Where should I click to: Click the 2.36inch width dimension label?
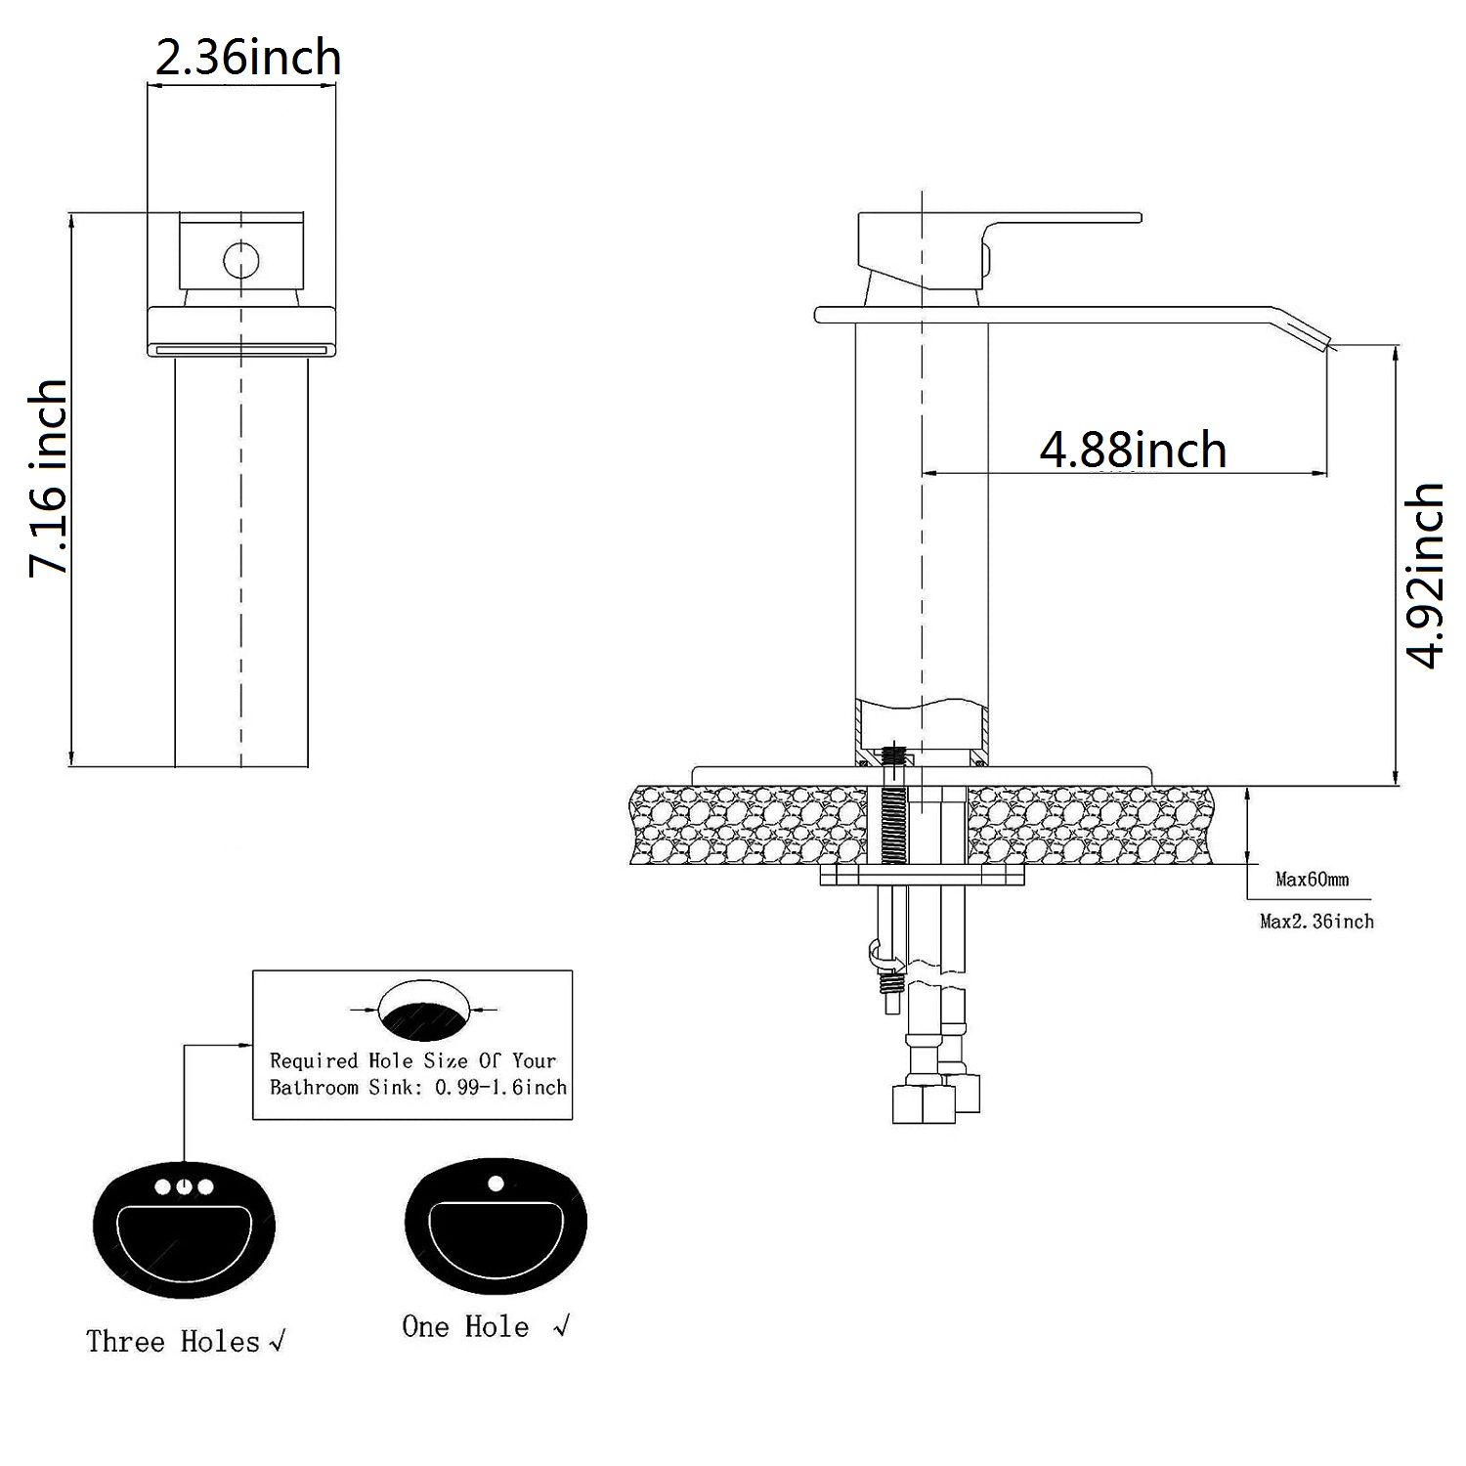pos(248,59)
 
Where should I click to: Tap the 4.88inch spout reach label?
pos(1133,450)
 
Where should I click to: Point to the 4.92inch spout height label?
pos(1424,575)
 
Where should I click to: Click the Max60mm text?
pos(1312,880)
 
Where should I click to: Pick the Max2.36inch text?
pos(1316,921)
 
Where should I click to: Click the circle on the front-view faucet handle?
pos(240,260)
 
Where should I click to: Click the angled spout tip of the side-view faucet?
pos(1309,332)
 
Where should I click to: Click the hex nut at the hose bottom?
pos(924,1104)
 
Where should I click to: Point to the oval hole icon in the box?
pos(424,1011)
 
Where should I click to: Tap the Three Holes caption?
pos(173,1341)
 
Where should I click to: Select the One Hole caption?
pos(465,1326)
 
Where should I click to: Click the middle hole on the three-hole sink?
pos(184,1187)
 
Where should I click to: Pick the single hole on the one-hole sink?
pos(496,1184)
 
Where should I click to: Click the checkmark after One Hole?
pos(561,1326)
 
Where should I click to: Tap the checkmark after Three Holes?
pos(277,1343)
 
